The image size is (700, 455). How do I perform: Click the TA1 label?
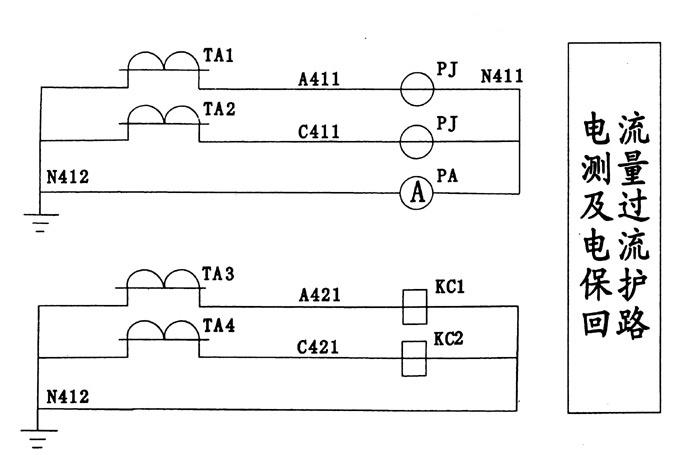click(218, 57)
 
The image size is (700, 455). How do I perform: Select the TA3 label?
click(218, 273)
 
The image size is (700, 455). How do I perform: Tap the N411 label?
click(501, 76)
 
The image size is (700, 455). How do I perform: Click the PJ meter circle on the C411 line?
click(419, 142)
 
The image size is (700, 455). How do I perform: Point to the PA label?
click(447, 175)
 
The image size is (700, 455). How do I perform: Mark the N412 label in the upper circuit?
click(68, 178)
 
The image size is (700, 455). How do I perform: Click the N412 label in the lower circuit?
click(68, 396)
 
